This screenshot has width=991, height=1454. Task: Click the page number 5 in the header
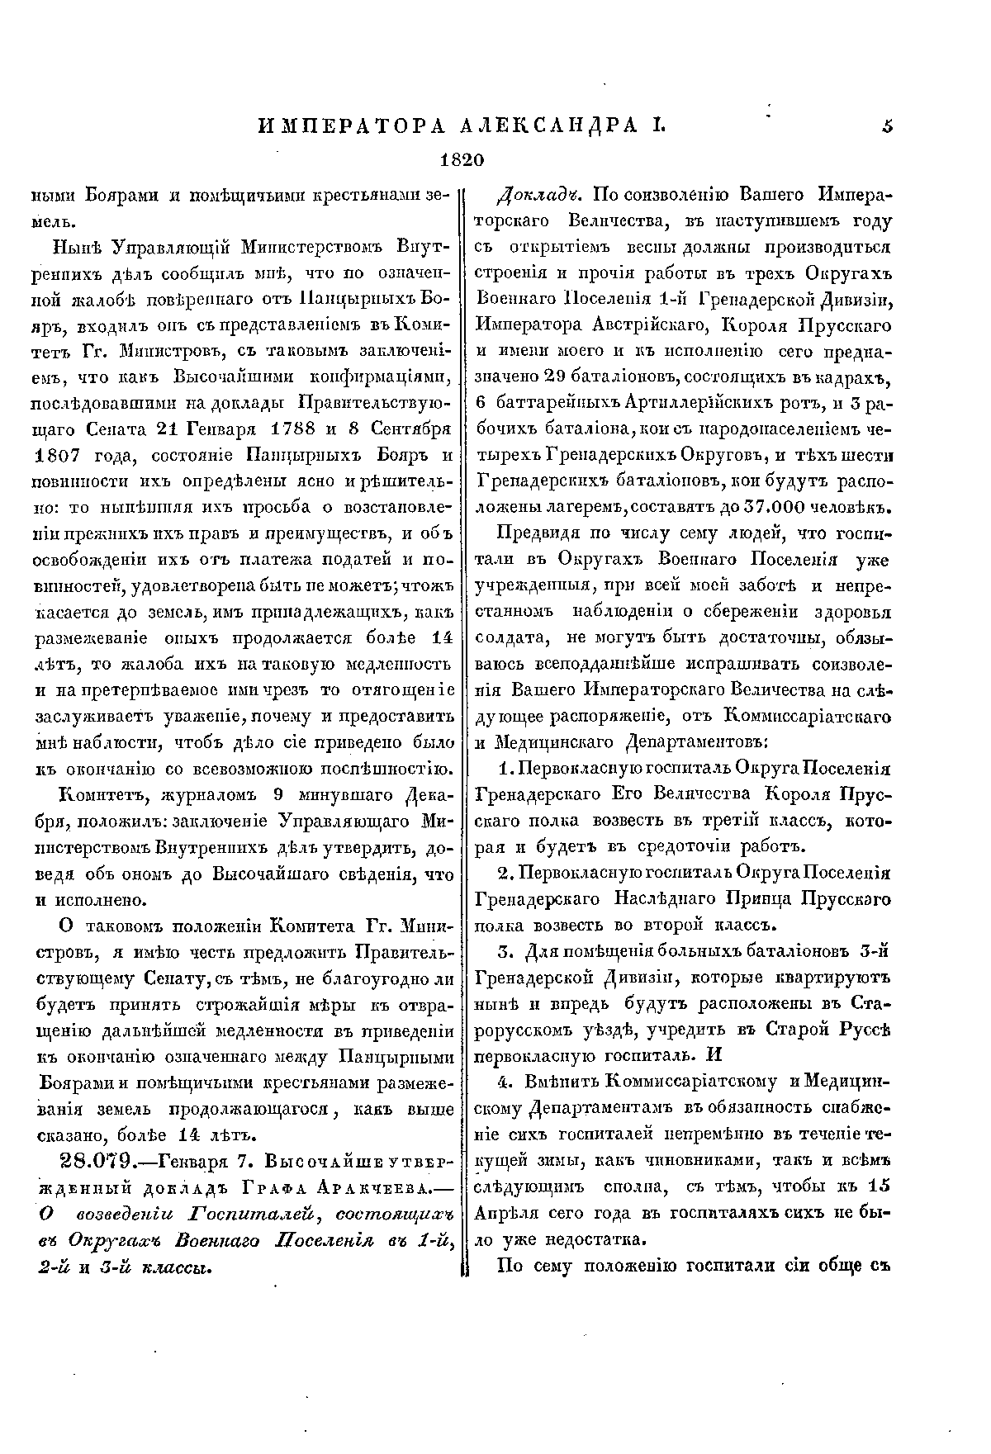tap(888, 126)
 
